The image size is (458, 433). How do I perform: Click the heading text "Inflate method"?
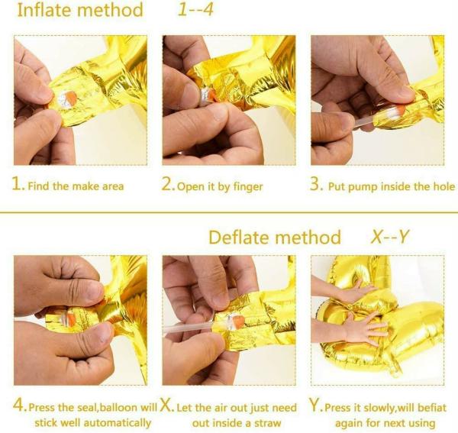tap(79, 11)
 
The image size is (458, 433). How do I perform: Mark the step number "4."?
tap(21, 408)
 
